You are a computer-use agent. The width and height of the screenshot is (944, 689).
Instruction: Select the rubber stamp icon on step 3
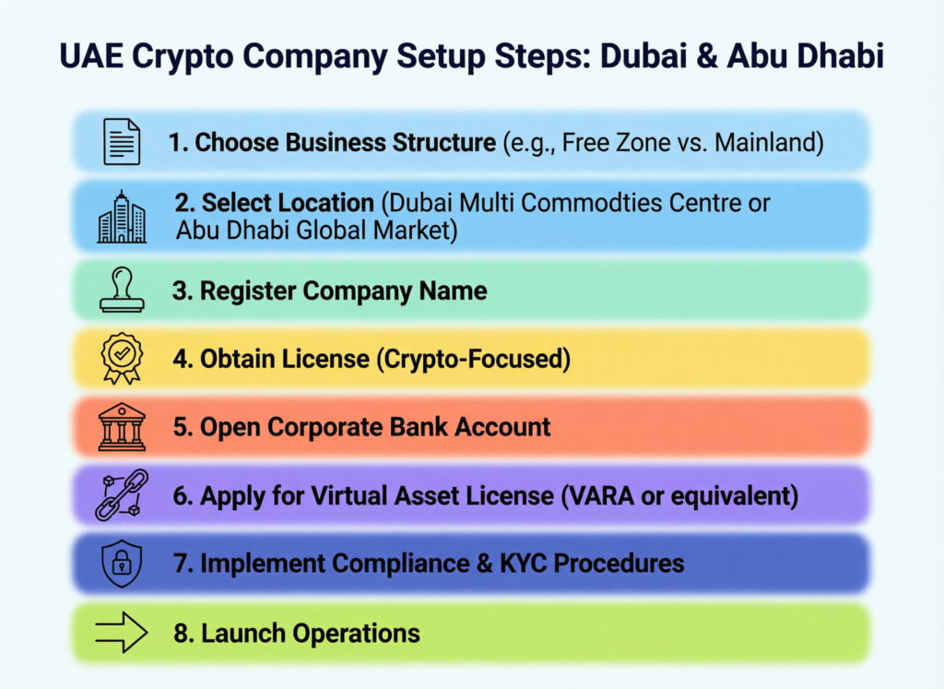[x=122, y=291]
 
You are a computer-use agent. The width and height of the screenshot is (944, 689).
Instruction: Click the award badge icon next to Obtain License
[x=122, y=358]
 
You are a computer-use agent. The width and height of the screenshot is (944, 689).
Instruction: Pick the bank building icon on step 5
[x=122, y=426]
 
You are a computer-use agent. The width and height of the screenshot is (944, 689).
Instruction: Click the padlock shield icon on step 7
[x=122, y=563]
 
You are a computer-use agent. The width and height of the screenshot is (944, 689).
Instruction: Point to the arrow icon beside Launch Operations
[x=122, y=633]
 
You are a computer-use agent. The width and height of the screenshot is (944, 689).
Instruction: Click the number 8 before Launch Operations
[x=181, y=634]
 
